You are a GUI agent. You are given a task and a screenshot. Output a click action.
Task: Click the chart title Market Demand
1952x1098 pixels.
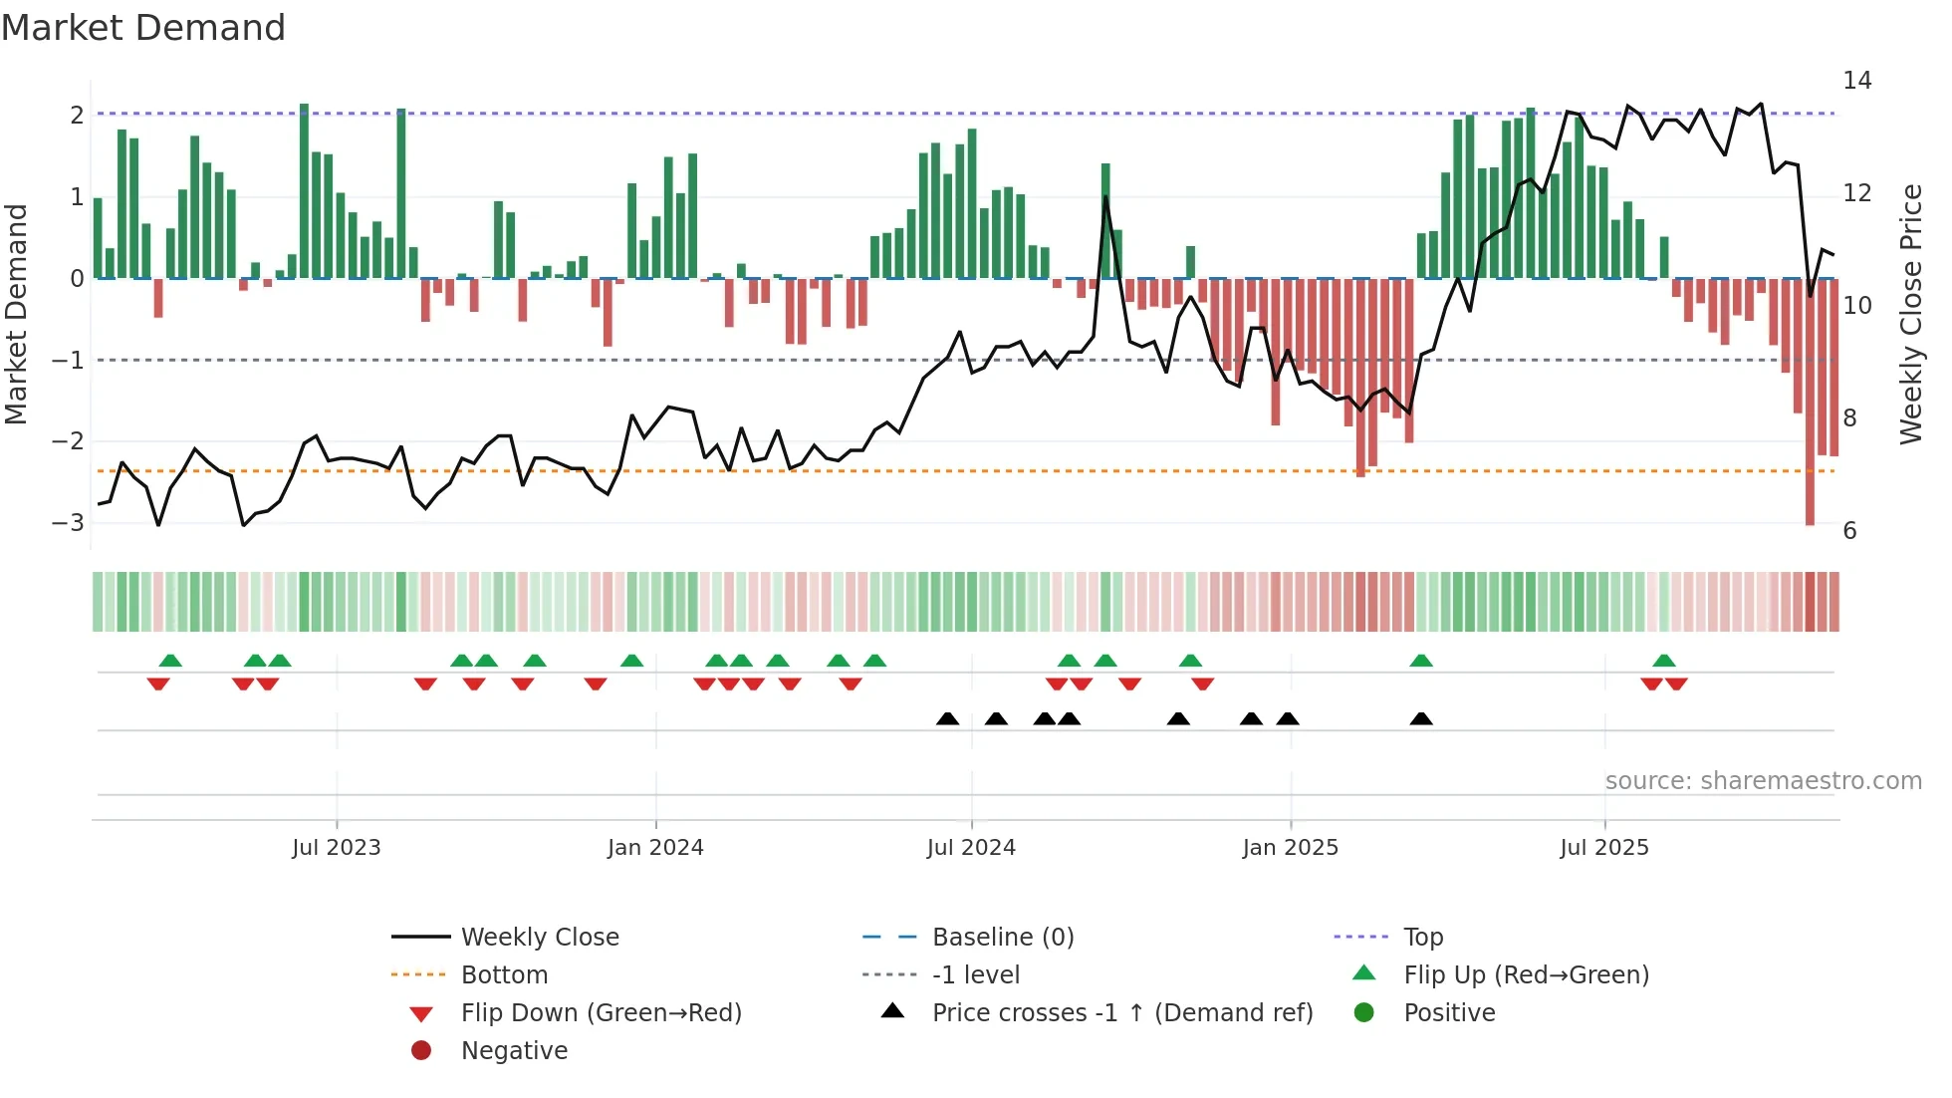[143, 28]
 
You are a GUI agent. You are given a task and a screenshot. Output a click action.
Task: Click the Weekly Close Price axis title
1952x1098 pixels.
[1910, 314]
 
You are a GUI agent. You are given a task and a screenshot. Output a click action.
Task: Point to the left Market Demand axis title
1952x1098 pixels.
[16, 314]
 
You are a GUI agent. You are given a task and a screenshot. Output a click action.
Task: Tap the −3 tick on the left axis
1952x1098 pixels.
[68, 522]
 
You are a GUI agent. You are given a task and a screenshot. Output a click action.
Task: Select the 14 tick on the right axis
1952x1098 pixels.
[1856, 80]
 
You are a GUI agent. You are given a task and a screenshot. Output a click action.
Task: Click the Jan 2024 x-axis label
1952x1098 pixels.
[655, 848]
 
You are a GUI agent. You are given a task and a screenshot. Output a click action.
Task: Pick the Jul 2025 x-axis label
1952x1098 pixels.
[1603, 848]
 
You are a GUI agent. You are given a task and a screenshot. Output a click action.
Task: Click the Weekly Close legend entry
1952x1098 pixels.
[539, 938]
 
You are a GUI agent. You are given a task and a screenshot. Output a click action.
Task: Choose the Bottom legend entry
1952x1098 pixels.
[504, 975]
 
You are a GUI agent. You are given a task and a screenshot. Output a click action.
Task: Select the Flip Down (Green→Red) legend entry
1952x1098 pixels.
[601, 1013]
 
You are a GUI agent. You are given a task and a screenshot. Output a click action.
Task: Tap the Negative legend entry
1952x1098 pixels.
[514, 1051]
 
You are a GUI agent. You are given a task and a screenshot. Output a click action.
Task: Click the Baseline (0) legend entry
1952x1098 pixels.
[1002, 938]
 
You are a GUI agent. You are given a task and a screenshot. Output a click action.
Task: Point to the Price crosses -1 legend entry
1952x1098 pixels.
[1121, 1013]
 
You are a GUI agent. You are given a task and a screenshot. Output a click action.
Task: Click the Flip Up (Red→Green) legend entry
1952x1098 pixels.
[1526, 975]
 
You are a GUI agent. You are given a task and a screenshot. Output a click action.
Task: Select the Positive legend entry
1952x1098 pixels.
[1449, 1013]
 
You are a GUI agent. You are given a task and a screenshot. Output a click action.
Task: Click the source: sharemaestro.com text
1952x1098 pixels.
[1763, 781]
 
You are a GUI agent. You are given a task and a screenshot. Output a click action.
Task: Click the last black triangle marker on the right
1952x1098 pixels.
[1421, 718]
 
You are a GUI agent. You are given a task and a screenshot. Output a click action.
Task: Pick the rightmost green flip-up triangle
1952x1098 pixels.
[1663, 661]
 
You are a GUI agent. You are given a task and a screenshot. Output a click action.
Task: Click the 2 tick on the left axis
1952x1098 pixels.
[77, 115]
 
